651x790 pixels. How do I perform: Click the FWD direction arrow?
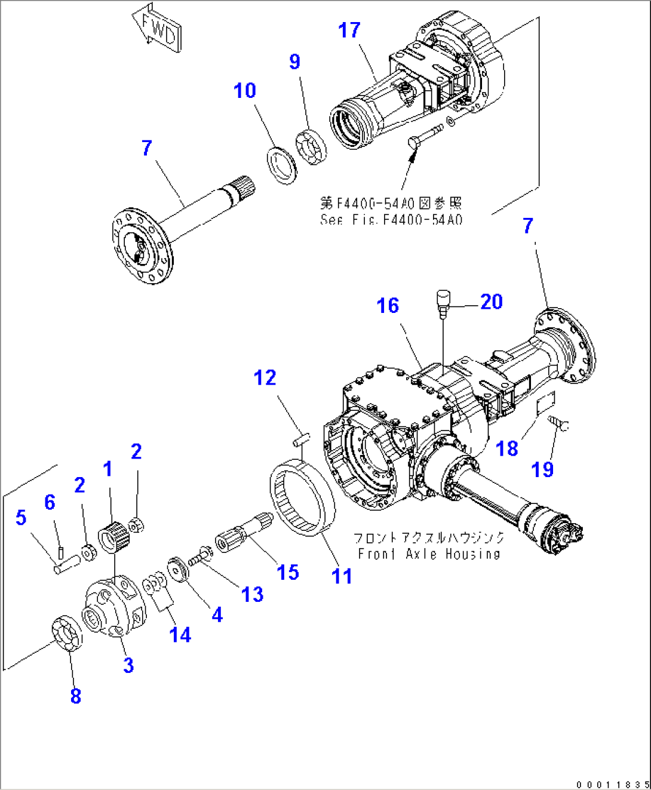coord(156,30)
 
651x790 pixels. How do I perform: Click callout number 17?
coord(349,30)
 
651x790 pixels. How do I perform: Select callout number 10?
coord(244,91)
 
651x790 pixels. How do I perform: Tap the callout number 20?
coord(491,302)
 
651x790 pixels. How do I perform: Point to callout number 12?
coord(265,378)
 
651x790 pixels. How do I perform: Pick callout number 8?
coord(75,696)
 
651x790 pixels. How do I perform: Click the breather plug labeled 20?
coord(443,302)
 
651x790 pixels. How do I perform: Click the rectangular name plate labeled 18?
coord(545,404)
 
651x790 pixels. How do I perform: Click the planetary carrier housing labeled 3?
coord(114,605)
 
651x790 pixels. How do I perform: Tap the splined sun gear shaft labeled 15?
coord(242,533)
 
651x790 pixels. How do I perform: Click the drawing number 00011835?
coord(612,784)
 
